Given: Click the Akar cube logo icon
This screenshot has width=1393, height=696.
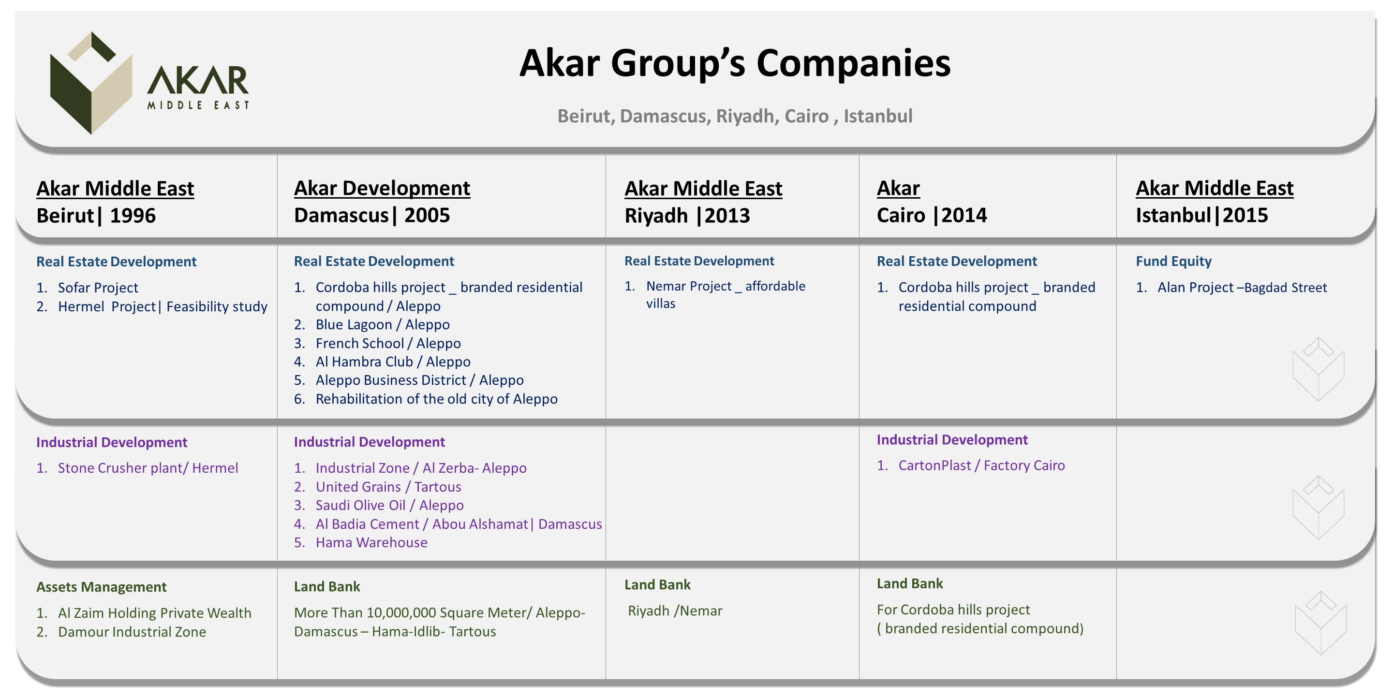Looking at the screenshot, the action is click(x=91, y=83).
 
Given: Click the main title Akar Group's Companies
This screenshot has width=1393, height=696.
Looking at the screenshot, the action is click(x=735, y=64).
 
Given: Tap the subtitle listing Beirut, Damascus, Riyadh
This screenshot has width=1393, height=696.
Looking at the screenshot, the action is click(x=735, y=116).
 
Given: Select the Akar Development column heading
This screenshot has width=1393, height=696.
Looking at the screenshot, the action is click(x=382, y=188).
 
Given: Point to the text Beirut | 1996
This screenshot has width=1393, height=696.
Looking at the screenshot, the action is click(x=96, y=216).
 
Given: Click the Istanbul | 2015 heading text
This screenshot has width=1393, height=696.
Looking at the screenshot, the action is click(x=1201, y=215).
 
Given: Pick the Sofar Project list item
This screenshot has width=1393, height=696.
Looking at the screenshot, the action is click(x=98, y=288).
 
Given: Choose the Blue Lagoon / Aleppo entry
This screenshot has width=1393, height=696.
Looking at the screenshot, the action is click(x=382, y=324).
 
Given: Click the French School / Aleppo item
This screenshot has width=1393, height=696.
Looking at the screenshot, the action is click(x=388, y=343).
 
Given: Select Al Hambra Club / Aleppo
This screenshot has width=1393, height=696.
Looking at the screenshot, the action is click(x=393, y=362).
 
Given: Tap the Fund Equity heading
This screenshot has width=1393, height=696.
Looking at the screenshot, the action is click(x=1173, y=261).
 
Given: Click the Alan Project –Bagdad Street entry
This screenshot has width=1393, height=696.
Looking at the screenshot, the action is click(x=1242, y=288).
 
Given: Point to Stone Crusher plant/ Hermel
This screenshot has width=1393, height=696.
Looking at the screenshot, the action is click(x=148, y=468).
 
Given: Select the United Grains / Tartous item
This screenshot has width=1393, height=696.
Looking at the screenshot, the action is click(x=388, y=487).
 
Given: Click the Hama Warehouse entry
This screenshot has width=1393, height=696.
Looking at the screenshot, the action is click(x=371, y=542).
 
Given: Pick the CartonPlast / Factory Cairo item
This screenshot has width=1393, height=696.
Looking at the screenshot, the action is click(x=981, y=465).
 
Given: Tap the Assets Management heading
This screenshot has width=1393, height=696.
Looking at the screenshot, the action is click(x=101, y=587).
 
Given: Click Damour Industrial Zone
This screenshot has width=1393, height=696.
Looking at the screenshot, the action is click(x=132, y=632).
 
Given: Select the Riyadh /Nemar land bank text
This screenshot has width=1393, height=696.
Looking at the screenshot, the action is click(x=675, y=610).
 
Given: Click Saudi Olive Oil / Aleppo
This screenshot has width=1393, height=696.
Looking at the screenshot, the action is click(x=389, y=505).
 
